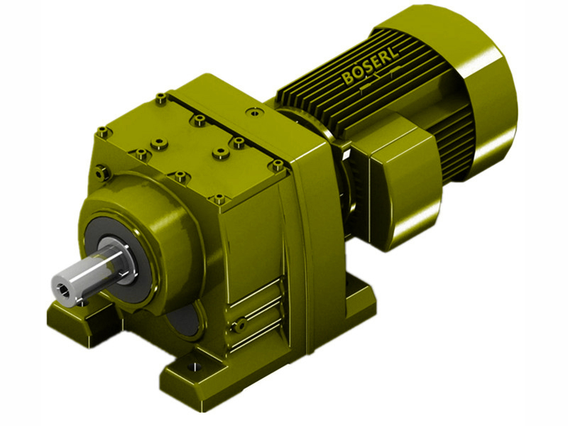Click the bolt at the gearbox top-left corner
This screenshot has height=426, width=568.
tap(103, 131)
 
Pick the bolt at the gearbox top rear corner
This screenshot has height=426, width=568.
tap(162, 96)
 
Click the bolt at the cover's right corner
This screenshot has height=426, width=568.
tap(278, 165)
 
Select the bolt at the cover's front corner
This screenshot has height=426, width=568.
tap(219, 199)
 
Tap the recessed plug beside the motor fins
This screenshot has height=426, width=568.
tap(251, 111)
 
